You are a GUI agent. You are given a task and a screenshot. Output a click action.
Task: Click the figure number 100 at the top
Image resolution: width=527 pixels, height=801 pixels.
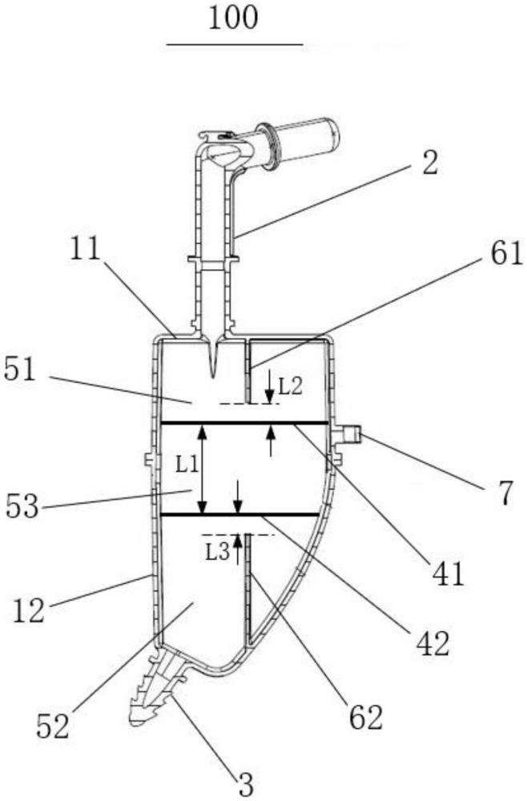coord(233,18)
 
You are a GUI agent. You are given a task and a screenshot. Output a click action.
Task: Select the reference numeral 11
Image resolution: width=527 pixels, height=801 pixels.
coord(86,250)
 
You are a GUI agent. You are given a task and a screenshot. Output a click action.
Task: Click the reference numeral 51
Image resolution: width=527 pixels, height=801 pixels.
coord(20,370)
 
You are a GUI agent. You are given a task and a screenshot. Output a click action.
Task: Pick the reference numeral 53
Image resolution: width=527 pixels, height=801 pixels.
coord(22,507)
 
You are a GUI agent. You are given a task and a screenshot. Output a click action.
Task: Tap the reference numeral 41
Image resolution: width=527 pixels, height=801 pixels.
coord(449,574)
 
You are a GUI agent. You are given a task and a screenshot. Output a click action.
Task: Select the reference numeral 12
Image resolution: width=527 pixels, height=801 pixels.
coord(29,611)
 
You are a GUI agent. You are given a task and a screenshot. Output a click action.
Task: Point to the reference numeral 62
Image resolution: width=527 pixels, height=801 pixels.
coord(366,718)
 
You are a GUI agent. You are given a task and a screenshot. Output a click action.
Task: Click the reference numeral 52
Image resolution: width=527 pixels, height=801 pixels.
coord(53,727)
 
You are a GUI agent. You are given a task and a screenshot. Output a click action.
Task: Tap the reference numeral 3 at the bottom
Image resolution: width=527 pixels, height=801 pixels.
coord(245,787)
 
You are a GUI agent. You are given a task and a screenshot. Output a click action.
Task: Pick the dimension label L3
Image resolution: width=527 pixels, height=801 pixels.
coord(218,552)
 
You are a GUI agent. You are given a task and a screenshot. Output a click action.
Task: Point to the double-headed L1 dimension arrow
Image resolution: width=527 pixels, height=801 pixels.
coord(202,469)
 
